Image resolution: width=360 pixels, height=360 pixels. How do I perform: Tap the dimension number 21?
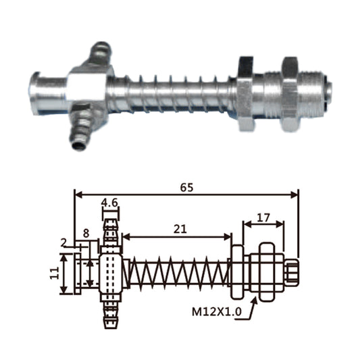[x=179, y=229]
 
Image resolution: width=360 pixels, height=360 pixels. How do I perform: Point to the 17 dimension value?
[x=264, y=218]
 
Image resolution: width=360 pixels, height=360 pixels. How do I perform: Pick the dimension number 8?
[x=86, y=233]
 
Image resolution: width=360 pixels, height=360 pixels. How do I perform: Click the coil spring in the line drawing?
[x=177, y=274]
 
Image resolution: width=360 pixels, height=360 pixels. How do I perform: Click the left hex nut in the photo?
[x=245, y=93]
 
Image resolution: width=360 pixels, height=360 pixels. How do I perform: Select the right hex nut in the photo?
[x=290, y=93]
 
